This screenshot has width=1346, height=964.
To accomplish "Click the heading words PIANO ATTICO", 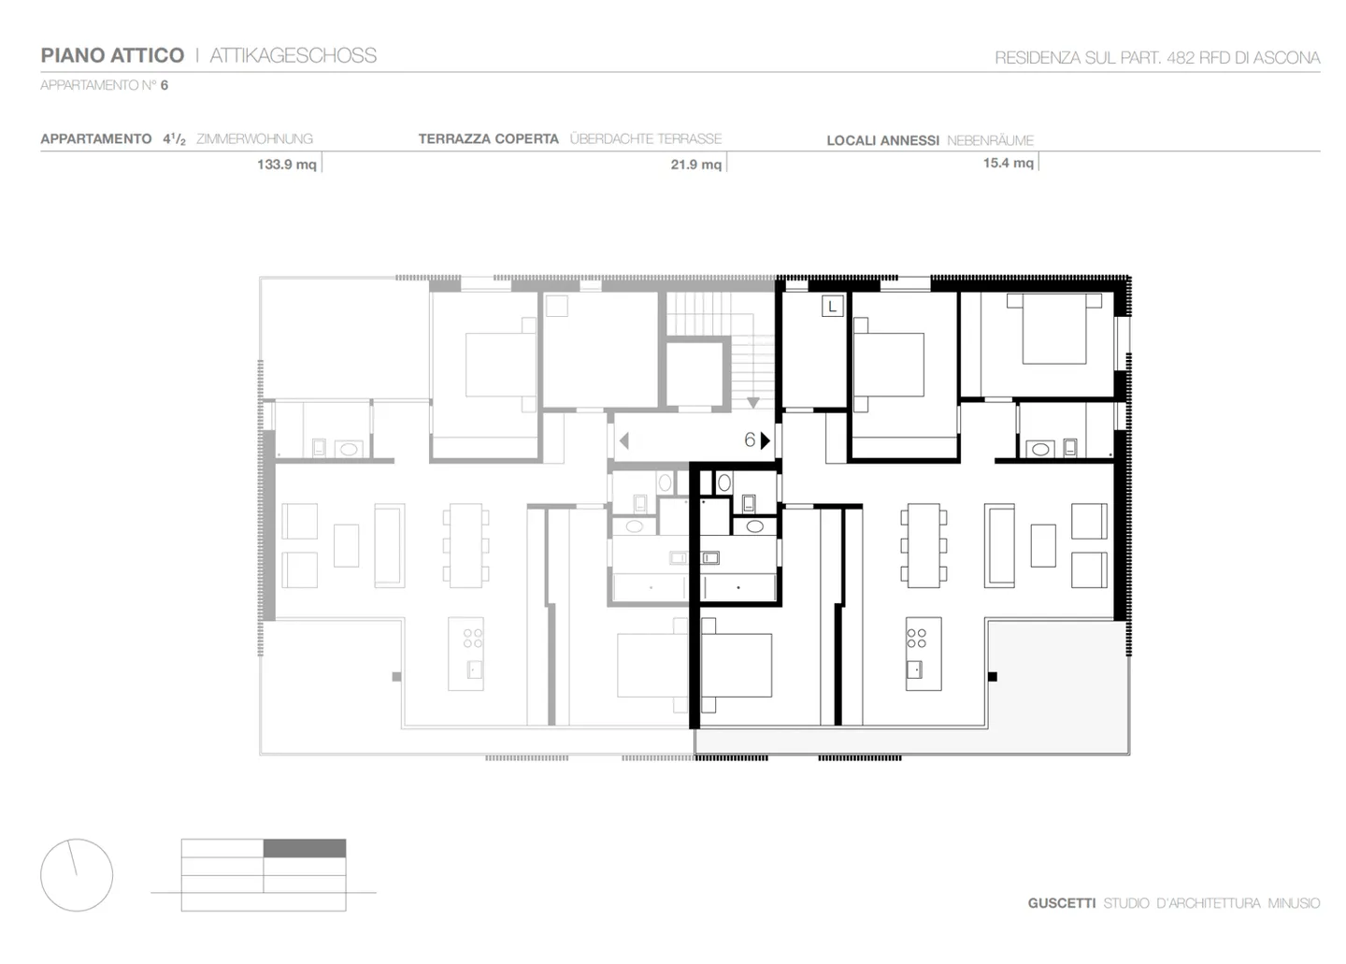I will pyautogui.click(x=112, y=55).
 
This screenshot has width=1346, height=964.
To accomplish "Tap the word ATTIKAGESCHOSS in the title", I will pyautogui.click(x=293, y=55).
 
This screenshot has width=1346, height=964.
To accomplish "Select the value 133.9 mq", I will pyautogui.click(x=286, y=165).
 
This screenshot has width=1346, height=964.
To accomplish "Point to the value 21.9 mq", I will pyautogui.click(x=695, y=165).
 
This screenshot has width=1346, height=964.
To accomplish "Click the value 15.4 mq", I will pyautogui.click(x=1008, y=163).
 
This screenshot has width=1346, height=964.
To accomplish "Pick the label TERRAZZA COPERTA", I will pyautogui.click(x=488, y=138).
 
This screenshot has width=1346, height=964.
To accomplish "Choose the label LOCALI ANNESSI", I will pyautogui.click(x=882, y=140).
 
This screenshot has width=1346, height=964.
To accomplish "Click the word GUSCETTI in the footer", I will pyautogui.click(x=1061, y=903).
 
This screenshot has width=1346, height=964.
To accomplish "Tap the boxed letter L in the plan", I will pyautogui.click(x=832, y=306).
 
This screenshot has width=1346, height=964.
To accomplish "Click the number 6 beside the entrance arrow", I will pyautogui.click(x=749, y=439).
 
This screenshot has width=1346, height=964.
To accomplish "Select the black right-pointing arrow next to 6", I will pyautogui.click(x=766, y=439).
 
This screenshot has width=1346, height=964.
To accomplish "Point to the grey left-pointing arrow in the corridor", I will pyautogui.click(x=623, y=440).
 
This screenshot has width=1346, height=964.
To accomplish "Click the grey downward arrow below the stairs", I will pyautogui.click(x=752, y=403).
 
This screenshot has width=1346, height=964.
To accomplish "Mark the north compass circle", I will pyautogui.click(x=77, y=875).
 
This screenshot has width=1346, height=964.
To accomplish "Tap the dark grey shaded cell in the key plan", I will pyautogui.click(x=305, y=849).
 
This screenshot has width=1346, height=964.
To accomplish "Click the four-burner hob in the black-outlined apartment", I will pyautogui.click(x=916, y=638).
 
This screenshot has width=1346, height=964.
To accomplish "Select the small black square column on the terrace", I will pyautogui.click(x=993, y=677).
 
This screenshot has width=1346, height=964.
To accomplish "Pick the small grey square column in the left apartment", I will pyautogui.click(x=396, y=677).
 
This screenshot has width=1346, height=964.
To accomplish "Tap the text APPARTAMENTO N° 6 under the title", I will pyautogui.click(x=104, y=85).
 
